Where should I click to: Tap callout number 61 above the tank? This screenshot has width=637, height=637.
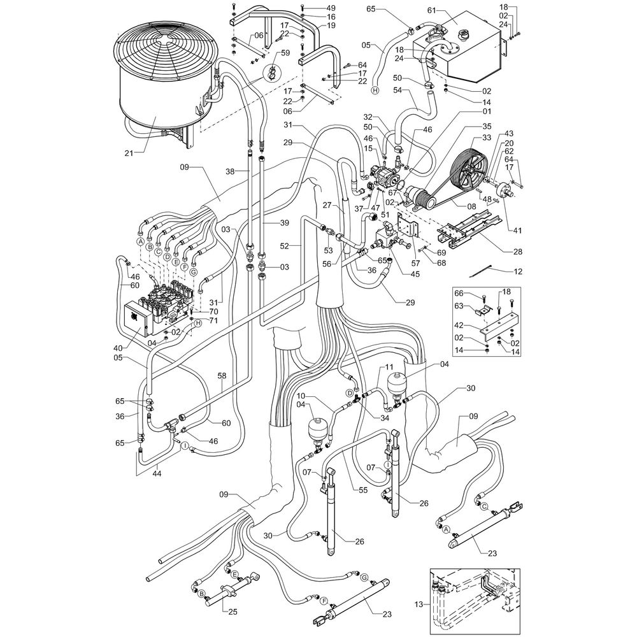click(431, 11)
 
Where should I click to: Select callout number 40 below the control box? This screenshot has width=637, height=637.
click(118, 348)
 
